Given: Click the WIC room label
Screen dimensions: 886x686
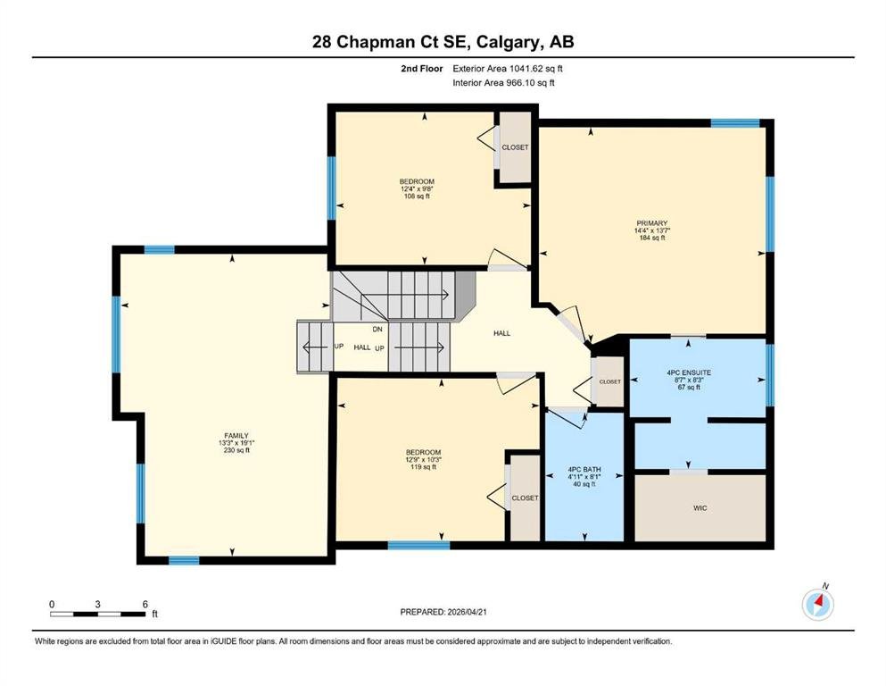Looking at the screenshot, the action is [700, 508].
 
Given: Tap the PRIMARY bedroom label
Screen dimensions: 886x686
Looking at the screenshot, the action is [651, 223].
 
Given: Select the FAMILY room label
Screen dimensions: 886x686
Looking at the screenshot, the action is [236, 436].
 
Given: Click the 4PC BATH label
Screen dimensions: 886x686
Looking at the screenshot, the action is [584, 470].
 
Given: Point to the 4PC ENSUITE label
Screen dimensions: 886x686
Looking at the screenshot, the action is [689, 372].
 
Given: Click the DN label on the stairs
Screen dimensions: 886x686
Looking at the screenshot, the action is [377, 329].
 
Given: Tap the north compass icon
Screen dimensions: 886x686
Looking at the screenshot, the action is [817, 604].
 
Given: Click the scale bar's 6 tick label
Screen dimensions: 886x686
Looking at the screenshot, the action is [145, 604].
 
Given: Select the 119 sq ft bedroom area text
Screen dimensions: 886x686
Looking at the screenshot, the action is [423, 467].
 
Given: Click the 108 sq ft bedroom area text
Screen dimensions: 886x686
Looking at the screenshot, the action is [417, 197].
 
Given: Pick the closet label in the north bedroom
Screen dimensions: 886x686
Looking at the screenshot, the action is [516, 147].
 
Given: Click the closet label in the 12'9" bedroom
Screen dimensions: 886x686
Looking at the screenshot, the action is [525, 498].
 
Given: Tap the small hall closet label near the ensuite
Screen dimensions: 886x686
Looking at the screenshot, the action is [609, 381].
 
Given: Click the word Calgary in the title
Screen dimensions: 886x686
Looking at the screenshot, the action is [504, 42].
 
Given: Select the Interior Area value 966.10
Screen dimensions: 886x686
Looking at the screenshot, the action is [520, 82].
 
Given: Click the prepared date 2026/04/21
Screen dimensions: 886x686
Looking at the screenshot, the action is [467, 612].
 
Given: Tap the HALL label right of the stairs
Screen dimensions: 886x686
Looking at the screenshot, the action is [501, 333].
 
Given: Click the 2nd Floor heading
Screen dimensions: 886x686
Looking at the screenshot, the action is [421, 69].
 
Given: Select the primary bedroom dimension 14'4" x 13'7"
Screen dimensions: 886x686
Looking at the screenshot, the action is [651, 230].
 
